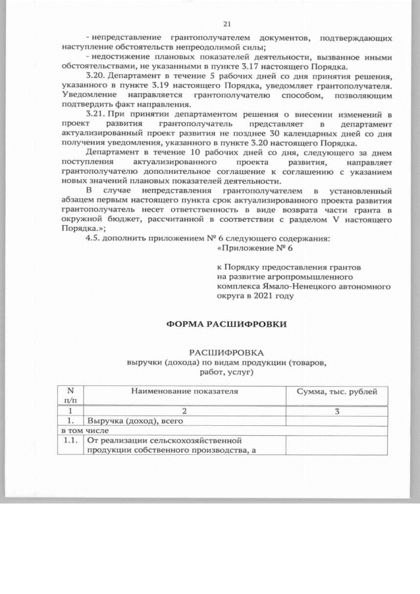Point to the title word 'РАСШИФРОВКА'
(x=227, y=352)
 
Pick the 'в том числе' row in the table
(x=83, y=431)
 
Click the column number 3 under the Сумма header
(x=337, y=411)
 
